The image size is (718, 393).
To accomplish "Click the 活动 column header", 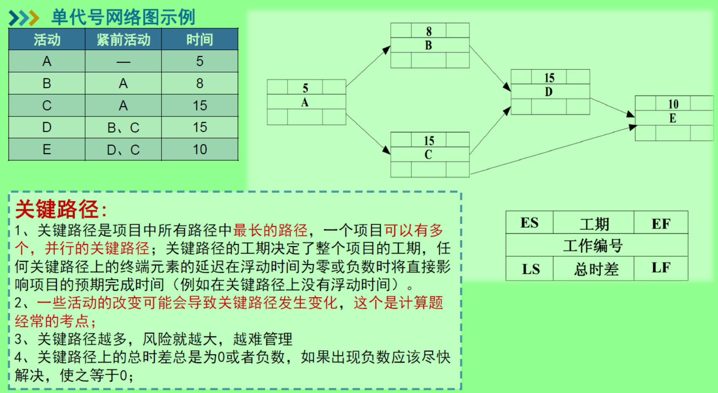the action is tap(47, 40).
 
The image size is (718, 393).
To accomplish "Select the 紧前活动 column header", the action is tap(123, 40).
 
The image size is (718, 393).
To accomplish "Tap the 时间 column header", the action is tap(199, 40).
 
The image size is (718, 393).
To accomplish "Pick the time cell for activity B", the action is tap(199, 83).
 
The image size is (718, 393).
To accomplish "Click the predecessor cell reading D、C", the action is tap(123, 149).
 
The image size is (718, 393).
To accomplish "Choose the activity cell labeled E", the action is tap(47, 149).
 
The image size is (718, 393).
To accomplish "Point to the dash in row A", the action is tap(123, 62).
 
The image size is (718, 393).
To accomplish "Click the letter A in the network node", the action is tap(305, 103).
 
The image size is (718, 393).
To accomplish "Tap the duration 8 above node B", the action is tap(429, 31).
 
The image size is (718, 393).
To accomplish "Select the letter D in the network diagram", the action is tap(549, 92).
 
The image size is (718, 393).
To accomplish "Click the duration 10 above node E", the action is tap(673, 104).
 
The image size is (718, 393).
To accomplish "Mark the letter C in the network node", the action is tap(428, 154).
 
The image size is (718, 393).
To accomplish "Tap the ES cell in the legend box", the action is tap(530, 223).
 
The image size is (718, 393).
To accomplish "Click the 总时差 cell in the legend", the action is tap(596, 269).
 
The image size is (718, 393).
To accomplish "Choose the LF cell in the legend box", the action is tap(661, 268).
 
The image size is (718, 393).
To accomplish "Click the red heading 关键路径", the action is tap(57, 209).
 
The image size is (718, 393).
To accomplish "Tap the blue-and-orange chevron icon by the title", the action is tap(24, 18).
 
